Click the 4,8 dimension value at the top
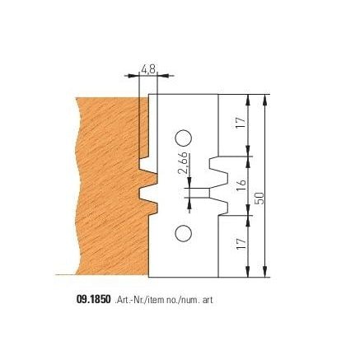point(148,69)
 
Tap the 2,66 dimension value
point(184,163)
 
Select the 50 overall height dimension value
point(260,199)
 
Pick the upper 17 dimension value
point(241,123)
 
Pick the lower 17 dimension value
point(241,244)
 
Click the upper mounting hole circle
point(184,138)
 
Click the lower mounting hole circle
point(183,233)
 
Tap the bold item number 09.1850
point(94,299)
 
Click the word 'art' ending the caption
point(208,300)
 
